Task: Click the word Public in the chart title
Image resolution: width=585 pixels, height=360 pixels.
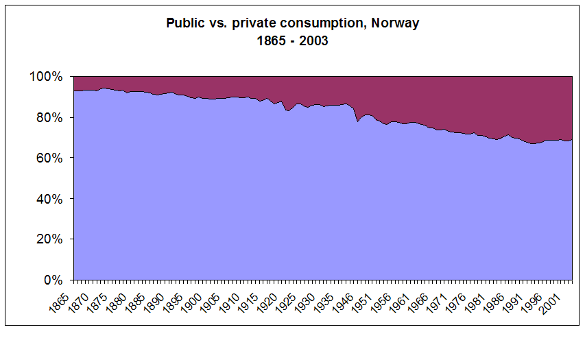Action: [184, 23]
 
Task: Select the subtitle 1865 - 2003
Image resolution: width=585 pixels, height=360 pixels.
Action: [293, 40]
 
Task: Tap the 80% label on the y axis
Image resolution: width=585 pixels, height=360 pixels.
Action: [52, 117]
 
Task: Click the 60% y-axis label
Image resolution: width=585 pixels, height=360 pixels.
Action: [52, 158]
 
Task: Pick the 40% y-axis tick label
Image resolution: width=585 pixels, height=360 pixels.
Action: [52, 199]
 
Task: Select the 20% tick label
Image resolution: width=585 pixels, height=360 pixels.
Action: [52, 239]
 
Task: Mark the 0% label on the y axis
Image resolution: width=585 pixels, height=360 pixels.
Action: [55, 280]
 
